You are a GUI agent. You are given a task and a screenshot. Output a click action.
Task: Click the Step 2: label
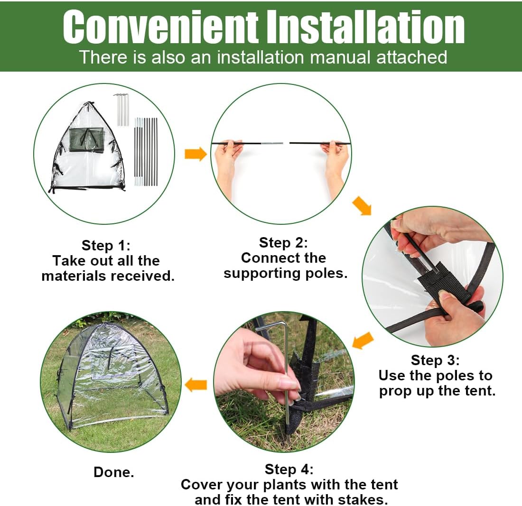point(283,243)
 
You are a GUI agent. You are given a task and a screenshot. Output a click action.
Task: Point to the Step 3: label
point(435,360)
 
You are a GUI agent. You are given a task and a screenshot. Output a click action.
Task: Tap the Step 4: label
point(289,469)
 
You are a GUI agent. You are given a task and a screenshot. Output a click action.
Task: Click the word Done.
point(114,472)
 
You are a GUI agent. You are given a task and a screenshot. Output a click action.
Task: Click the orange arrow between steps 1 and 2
point(196,154)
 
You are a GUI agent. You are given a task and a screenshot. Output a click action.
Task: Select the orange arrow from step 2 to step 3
point(362,206)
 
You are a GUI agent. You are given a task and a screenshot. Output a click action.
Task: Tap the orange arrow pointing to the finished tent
point(196,385)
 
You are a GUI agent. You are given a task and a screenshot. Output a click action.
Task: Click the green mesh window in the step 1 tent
point(86,139)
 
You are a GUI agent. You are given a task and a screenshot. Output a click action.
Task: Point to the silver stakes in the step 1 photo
point(121,110)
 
